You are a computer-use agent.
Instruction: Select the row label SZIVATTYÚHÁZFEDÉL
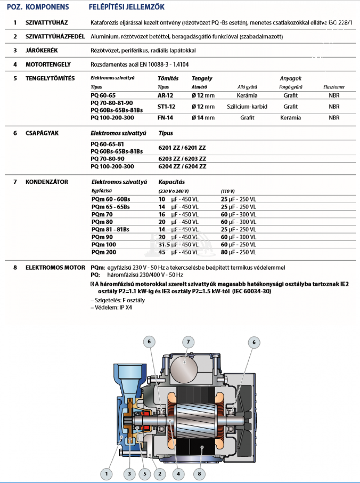55,36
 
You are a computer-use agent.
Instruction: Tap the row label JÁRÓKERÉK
41,50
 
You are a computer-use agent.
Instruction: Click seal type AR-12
165,96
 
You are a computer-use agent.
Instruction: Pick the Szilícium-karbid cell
247,107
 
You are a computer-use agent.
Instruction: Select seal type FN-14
165,118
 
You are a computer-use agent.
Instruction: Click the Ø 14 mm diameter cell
203,118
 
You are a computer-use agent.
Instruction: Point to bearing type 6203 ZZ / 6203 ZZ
182,159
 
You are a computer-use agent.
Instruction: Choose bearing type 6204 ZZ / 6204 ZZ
182,167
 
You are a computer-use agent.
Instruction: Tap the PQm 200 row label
104,252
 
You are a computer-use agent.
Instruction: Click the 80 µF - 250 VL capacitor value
238,252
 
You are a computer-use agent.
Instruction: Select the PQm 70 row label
102,214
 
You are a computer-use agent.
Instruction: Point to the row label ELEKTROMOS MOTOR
55,268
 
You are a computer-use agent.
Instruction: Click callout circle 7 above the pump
188,342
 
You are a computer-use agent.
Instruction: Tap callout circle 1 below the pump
106,474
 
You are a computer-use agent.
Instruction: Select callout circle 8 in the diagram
199,474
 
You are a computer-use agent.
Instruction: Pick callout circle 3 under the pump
129,474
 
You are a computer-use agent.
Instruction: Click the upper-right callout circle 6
254,342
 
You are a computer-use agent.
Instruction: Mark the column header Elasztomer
334,87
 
